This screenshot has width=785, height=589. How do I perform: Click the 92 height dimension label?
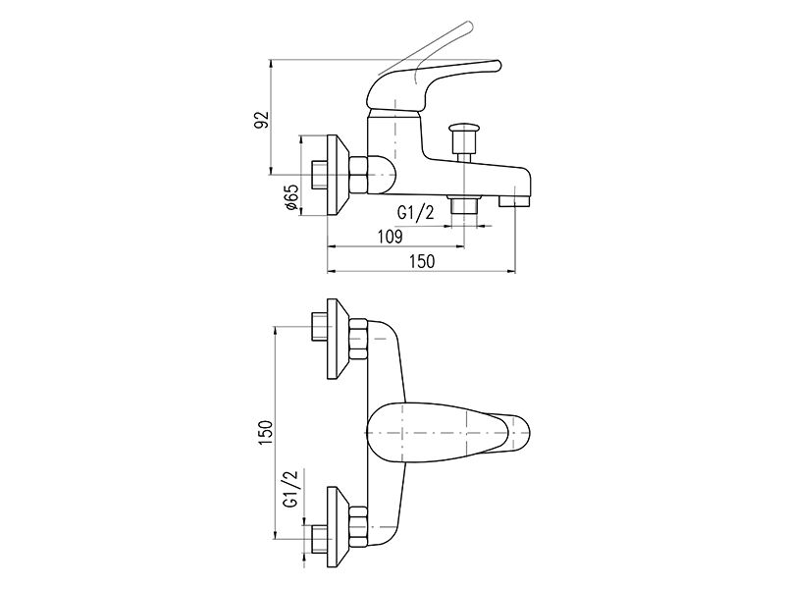(x=262, y=120)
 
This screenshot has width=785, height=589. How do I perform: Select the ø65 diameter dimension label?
(x=291, y=197)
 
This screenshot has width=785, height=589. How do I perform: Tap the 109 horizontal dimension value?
(x=391, y=236)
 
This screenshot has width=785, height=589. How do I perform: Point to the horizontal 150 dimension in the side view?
(x=423, y=261)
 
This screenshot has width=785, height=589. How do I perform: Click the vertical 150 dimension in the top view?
(x=266, y=433)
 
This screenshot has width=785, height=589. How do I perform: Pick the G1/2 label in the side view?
(x=415, y=212)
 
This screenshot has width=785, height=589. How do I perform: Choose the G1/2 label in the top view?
(x=290, y=489)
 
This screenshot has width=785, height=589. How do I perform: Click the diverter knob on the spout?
(x=462, y=138)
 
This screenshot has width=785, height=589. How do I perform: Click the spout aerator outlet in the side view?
(x=514, y=200)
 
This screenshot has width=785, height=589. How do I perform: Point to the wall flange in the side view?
(x=339, y=176)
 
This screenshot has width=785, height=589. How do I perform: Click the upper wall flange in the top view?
(x=339, y=339)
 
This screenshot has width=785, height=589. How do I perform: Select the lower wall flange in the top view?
(x=339, y=527)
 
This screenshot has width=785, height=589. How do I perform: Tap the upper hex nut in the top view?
(x=358, y=339)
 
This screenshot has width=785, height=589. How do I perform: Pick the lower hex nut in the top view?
(x=358, y=527)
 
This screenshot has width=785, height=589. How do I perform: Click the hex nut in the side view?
(x=358, y=176)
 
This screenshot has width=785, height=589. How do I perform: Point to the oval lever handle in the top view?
(x=447, y=433)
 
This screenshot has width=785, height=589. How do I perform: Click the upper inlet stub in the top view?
(x=320, y=327)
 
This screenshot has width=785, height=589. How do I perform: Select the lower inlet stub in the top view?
(x=320, y=539)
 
